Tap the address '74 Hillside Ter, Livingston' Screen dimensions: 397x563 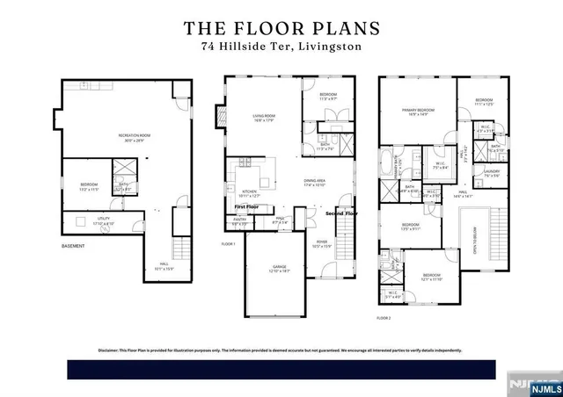(281, 47)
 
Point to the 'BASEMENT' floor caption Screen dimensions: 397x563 (73, 246)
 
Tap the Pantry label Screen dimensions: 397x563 (238, 222)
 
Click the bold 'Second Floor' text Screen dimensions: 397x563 (342, 213)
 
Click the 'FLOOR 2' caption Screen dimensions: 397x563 (384, 317)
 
